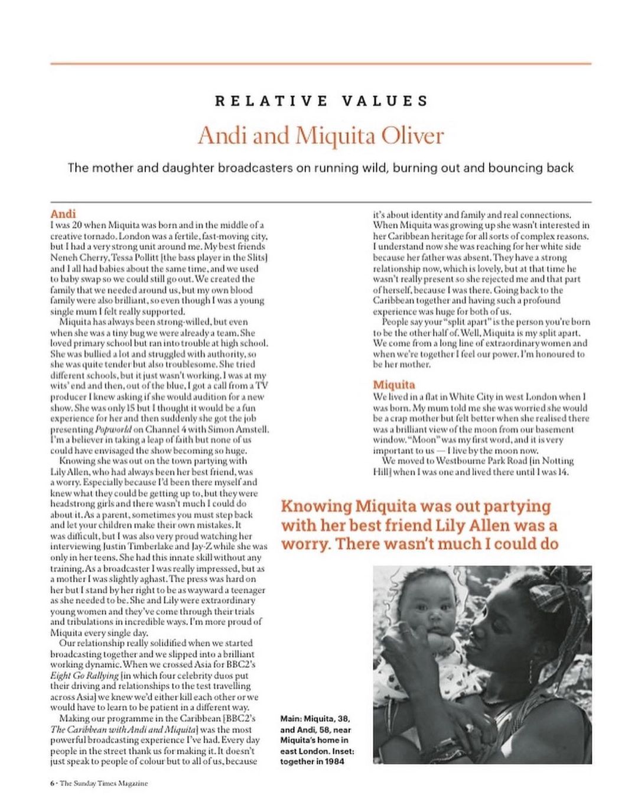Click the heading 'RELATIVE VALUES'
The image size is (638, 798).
[321, 101]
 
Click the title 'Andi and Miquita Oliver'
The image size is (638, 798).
[321, 135]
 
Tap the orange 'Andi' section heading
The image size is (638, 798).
[63, 214]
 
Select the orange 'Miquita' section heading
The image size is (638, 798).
[394, 385]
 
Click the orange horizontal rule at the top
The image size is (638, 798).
[321, 63]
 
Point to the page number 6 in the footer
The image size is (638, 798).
[52, 783]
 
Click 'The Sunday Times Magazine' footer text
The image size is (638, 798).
[104, 783]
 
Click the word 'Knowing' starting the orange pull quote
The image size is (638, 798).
[316, 507]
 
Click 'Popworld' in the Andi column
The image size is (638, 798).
[113, 429]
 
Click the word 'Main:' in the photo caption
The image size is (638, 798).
[292, 719]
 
